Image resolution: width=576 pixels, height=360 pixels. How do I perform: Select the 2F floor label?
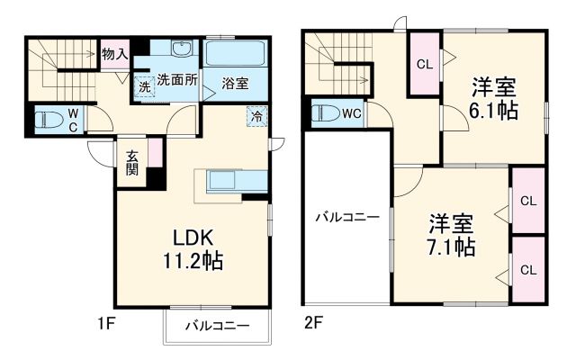tap(314, 321)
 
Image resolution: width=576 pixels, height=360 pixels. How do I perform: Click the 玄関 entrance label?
tap(131, 162)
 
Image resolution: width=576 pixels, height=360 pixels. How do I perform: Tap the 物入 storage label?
tap(114, 55)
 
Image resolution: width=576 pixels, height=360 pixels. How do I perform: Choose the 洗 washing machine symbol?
tap(144, 87)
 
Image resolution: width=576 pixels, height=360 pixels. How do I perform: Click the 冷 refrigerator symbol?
tap(257, 115)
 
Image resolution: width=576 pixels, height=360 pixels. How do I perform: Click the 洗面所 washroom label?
tap(176, 78)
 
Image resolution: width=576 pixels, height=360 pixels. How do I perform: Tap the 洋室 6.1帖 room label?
tap(493, 99)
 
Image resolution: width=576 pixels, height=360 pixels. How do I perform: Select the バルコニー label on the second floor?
tap(346, 217)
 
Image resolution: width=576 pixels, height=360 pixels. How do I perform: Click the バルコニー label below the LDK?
tap(218, 326)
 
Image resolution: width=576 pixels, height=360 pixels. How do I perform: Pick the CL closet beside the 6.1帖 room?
tap(422, 64)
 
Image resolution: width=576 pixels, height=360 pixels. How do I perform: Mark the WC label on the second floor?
tap(351, 113)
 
